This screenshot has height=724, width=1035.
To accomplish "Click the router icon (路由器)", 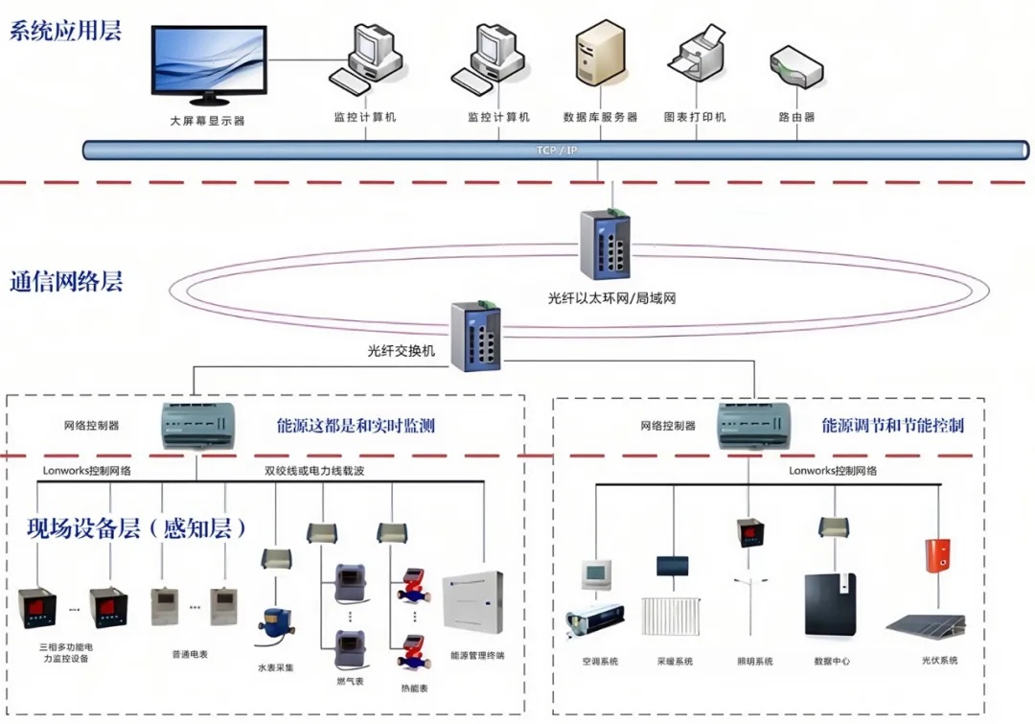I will (x=796, y=67).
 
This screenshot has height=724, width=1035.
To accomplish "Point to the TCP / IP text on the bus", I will (x=557, y=150).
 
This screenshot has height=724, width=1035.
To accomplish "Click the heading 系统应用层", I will (x=66, y=31).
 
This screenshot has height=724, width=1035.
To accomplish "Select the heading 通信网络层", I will (x=66, y=282).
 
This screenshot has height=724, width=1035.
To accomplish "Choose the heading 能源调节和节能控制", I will (x=892, y=425).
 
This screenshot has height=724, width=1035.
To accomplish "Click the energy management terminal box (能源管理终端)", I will (x=472, y=601).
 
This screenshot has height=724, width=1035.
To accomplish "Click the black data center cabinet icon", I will (x=830, y=605).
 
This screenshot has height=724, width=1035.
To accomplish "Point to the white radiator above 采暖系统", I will (x=673, y=618).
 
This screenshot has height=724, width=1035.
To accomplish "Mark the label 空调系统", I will (x=600, y=662).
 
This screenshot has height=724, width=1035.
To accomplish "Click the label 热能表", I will (x=414, y=689).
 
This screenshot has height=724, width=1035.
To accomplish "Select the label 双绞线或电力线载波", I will (x=314, y=471).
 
